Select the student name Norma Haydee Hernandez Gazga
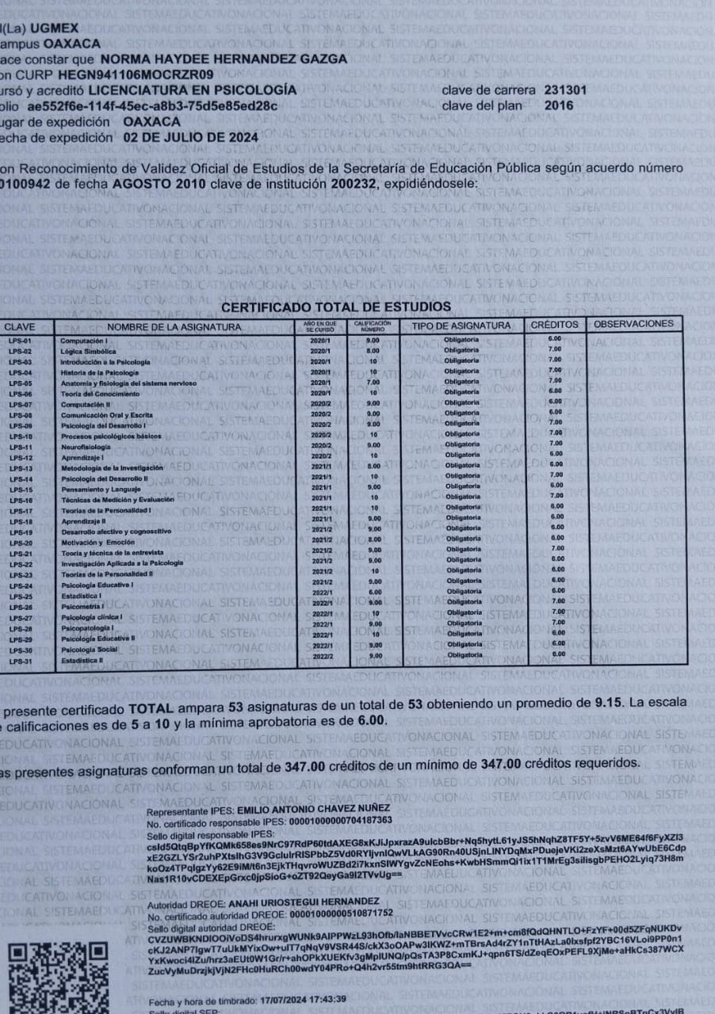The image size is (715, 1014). [224, 59]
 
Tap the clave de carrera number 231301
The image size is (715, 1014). [565, 90]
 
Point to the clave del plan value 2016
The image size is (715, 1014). [559, 105]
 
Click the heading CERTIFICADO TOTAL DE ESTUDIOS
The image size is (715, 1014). [336, 307]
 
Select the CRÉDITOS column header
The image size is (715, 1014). [554, 325]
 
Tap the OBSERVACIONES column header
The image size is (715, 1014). [633, 324]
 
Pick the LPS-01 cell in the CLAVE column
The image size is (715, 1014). [20, 341]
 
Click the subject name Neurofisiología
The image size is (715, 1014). [86, 448]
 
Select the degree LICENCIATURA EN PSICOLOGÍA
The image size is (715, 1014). [193, 90]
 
